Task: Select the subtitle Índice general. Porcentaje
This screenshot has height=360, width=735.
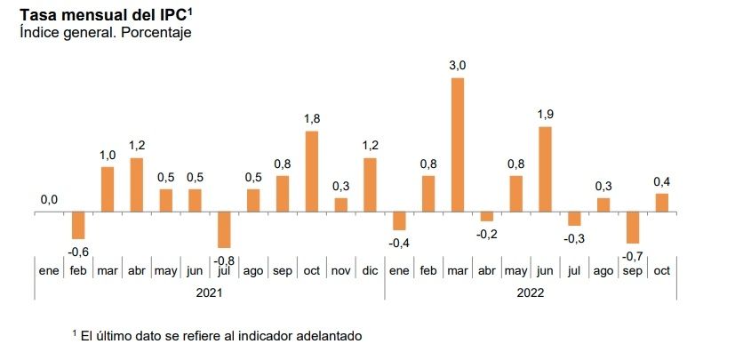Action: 106,32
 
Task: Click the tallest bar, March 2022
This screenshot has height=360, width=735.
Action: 458,145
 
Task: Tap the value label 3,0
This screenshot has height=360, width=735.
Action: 458,65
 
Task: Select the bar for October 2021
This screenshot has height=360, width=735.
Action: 312,172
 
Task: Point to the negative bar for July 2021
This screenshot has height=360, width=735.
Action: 224,229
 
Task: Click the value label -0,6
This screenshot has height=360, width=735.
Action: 78,252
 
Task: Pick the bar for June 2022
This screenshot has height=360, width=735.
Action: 545,169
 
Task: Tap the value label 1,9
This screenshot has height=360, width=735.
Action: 545,114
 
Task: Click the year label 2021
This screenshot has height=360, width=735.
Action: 209,291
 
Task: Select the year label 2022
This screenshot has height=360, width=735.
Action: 530,291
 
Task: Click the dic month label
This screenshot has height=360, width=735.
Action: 370,271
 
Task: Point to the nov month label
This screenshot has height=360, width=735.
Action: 340,271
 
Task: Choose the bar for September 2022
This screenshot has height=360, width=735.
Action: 633,228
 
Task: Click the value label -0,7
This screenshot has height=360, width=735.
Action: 633,256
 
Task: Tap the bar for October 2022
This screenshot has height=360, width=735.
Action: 661,204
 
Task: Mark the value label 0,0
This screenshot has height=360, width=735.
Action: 49,200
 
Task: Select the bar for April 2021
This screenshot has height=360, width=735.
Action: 137,185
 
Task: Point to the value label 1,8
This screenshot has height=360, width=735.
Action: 312,118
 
